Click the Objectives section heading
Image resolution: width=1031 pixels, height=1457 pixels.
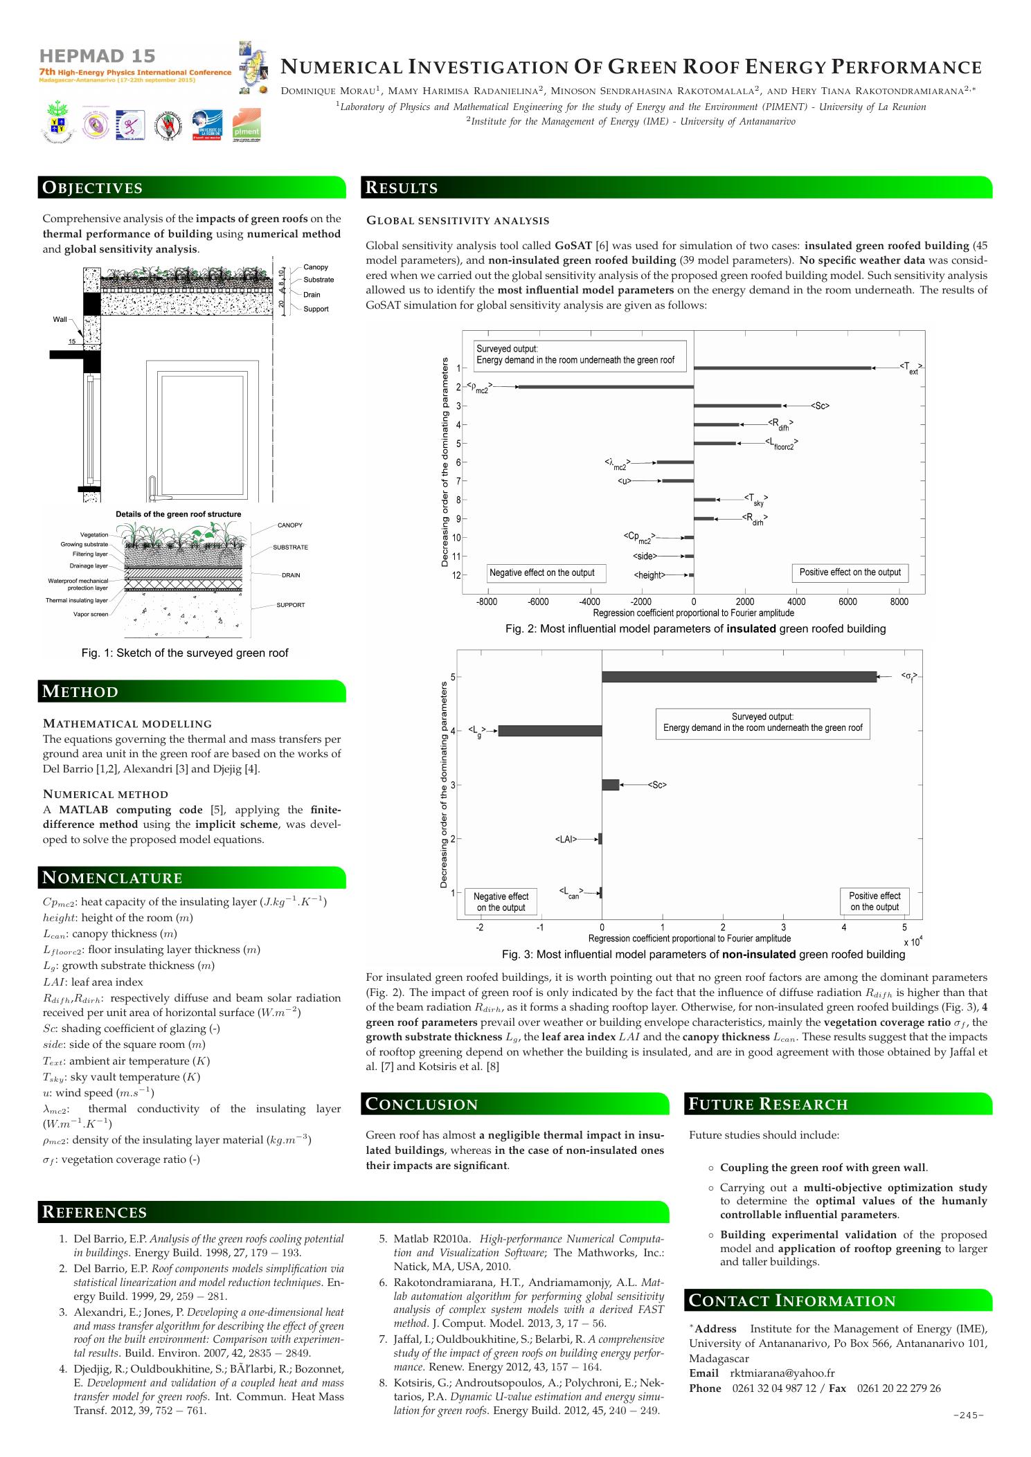click(x=93, y=188)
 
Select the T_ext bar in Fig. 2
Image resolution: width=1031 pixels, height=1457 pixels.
click(x=782, y=368)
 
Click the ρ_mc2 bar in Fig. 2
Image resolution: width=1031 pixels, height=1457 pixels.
click(x=606, y=387)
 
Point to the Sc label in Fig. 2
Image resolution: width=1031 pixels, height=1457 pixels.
click(x=821, y=406)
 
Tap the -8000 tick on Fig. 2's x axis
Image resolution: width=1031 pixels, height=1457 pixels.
click(x=487, y=602)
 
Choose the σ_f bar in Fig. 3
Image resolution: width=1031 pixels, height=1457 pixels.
click(x=739, y=677)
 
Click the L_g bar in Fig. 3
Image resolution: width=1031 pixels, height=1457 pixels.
click(x=550, y=731)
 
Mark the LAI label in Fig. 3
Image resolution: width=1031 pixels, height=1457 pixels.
click(x=566, y=840)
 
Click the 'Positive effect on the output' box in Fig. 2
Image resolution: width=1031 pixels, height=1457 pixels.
click(x=850, y=572)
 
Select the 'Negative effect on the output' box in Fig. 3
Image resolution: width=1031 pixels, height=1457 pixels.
click(x=501, y=902)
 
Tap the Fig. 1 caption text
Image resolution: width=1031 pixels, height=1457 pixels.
click(x=185, y=653)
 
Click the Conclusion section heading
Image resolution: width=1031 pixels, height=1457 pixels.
click(x=422, y=1105)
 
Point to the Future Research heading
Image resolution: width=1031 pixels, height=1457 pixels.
click(x=769, y=1105)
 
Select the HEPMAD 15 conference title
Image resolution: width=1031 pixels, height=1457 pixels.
click(x=98, y=56)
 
